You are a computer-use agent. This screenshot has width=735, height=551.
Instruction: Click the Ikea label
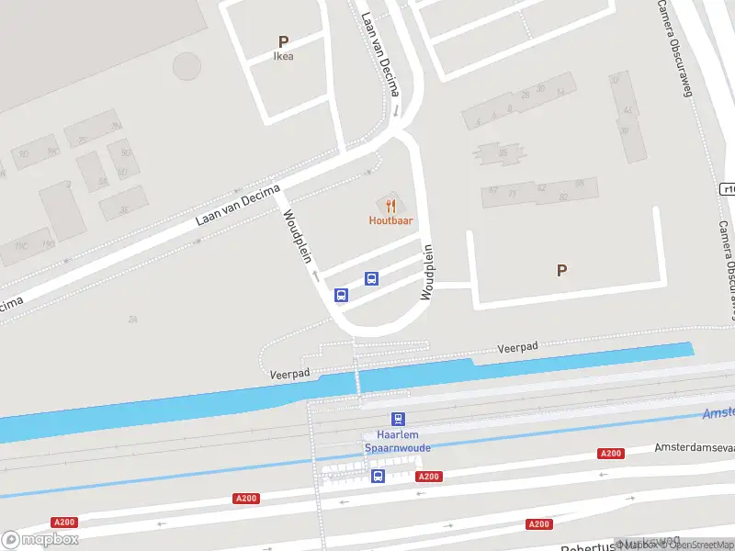[284, 56]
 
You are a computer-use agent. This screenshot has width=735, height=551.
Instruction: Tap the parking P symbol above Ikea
[284, 41]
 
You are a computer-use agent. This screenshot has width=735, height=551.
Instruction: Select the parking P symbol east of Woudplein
[561, 270]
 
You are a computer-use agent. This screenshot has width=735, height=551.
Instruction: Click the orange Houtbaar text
[390, 220]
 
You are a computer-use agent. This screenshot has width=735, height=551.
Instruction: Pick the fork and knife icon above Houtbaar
[391, 206]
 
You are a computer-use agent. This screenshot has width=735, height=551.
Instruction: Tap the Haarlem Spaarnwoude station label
[398, 441]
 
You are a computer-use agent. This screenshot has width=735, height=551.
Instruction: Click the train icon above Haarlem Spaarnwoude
[398, 419]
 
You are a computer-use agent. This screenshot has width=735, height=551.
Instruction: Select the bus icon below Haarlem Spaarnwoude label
[378, 476]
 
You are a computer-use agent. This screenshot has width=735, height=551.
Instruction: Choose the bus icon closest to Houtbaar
[372, 278]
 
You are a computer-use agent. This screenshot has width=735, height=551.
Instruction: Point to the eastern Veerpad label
[517, 347]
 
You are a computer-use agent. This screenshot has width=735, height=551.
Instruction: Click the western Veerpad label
[290, 374]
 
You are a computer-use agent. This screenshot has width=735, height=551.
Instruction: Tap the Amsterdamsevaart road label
[694, 447]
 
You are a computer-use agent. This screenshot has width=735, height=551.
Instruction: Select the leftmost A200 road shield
[64, 523]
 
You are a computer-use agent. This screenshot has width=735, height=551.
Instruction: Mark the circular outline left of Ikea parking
[187, 65]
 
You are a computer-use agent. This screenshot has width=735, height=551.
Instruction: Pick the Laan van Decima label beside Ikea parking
[381, 55]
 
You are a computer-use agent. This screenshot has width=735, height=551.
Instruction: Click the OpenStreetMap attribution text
[702, 545]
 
